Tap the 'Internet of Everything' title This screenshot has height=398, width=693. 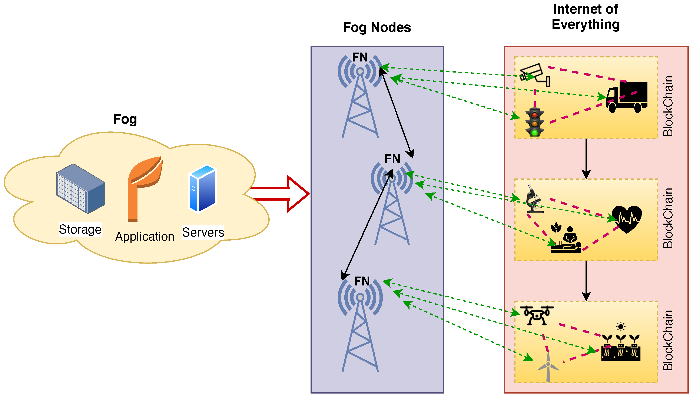pos(585,17)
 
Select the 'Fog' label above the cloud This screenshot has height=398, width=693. pos(125,120)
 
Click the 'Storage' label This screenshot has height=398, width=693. pos(80,229)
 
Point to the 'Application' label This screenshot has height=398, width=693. pos(145,237)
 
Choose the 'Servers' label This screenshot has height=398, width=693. pos(203,232)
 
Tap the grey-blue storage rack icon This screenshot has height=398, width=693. pos(80,189)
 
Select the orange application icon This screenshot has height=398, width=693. pos(145,189)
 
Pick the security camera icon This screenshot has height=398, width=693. pos(535,75)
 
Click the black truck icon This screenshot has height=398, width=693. pos(627,97)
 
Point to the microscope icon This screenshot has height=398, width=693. pos(534,199)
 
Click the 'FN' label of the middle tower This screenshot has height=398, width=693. pos(392,159)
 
